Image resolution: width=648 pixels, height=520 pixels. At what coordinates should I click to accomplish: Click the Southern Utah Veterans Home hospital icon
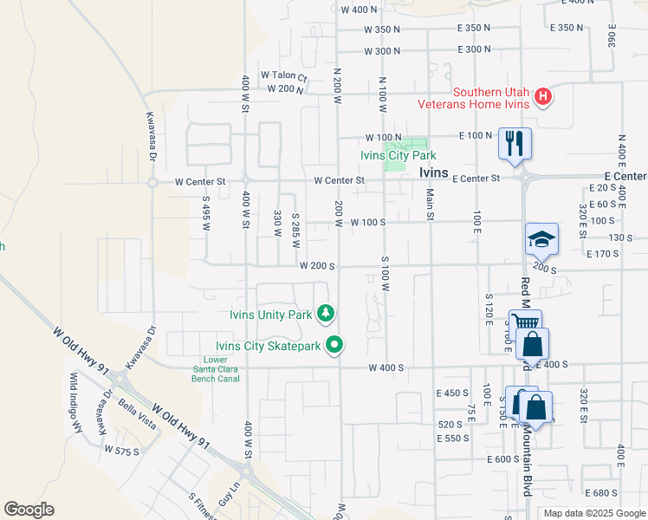tap(542, 95)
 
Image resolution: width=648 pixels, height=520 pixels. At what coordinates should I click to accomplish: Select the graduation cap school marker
tap(541, 238)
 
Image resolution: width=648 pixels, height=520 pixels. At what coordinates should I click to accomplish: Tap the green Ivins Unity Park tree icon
tap(326, 312)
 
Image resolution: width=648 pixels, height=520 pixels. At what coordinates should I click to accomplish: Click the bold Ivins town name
tap(433, 173)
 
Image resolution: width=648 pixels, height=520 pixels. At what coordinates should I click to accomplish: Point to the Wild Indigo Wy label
tap(75, 402)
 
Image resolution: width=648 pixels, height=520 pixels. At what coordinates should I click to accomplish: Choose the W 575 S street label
tap(121, 451)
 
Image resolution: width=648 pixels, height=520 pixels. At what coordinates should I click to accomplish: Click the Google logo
tap(29, 510)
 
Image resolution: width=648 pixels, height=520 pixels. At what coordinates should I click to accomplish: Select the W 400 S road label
tap(386, 368)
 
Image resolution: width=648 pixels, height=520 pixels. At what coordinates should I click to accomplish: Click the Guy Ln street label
tap(228, 496)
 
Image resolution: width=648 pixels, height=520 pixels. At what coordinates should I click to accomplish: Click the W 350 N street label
tap(382, 29)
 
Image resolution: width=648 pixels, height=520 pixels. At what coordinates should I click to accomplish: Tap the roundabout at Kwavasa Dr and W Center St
tap(152, 183)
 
